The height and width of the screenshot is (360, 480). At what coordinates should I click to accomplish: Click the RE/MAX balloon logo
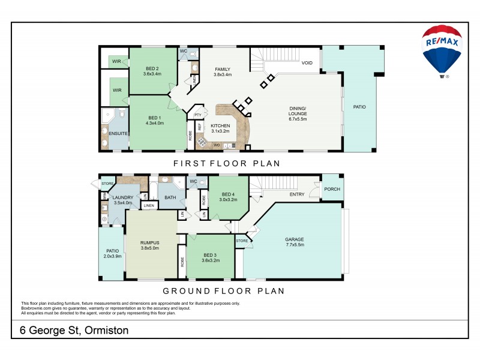click(x=442, y=52)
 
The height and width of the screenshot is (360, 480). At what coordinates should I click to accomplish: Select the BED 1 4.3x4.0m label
click(x=154, y=120)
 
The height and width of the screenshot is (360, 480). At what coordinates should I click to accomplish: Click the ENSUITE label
click(x=118, y=133)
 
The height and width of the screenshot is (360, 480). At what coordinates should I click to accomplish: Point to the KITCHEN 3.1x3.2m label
click(x=220, y=128)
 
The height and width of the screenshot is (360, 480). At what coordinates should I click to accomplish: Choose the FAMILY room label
click(x=223, y=72)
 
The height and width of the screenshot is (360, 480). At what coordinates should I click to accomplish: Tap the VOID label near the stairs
click(x=307, y=62)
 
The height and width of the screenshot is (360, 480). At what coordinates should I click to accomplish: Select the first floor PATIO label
click(x=359, y=107)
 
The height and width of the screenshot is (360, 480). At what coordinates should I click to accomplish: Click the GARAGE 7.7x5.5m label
click(x=294, y=242)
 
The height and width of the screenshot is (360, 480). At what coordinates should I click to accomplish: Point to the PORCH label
click(x=332, y=189)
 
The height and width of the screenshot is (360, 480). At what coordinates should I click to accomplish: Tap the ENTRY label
click(x=297, y=194)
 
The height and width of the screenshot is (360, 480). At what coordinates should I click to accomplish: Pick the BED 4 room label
click(x=228, y=197)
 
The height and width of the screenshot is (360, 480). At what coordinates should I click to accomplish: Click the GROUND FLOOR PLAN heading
click(x=224, y=291)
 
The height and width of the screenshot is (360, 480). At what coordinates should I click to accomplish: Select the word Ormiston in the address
click(x=107, y=330)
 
